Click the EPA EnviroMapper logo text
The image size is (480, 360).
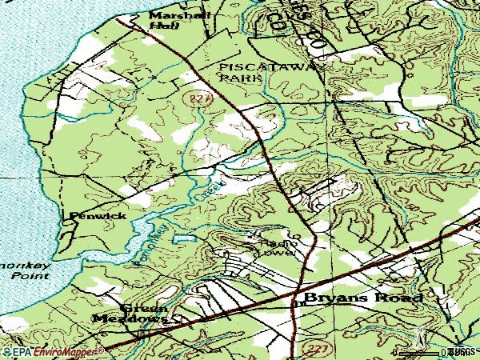(x=52, y=351)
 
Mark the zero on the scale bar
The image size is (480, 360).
(x=445, y=351)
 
